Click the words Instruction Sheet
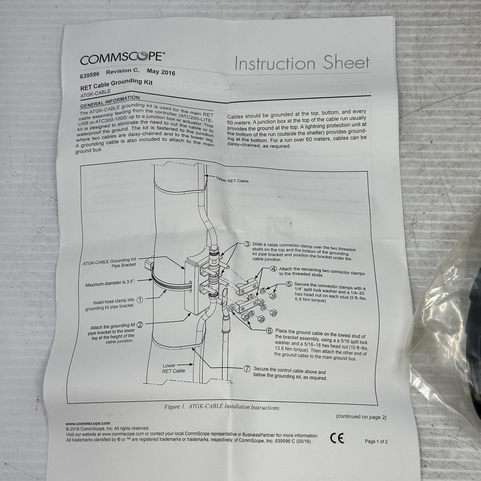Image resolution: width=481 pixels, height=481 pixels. pos(302,63)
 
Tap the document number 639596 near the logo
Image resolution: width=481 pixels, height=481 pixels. pos(89,75)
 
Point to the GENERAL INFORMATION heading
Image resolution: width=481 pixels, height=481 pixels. pos(106,101)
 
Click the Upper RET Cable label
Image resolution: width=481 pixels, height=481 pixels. pos(232,180)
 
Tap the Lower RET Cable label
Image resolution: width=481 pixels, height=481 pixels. pos(174,368)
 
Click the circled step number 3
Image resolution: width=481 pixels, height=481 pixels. pos(247,244)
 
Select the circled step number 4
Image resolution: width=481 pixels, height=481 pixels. pos(273,269)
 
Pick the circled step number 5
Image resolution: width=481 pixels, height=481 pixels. pos(289,284)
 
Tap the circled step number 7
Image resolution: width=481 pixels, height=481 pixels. pos(247,368)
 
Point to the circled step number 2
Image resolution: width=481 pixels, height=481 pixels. pos(139,324)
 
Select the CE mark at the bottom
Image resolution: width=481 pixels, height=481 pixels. pos(337,438)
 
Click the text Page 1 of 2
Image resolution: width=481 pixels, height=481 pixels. pos(376,441)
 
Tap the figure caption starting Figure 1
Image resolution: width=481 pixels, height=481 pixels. pos(222,407)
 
